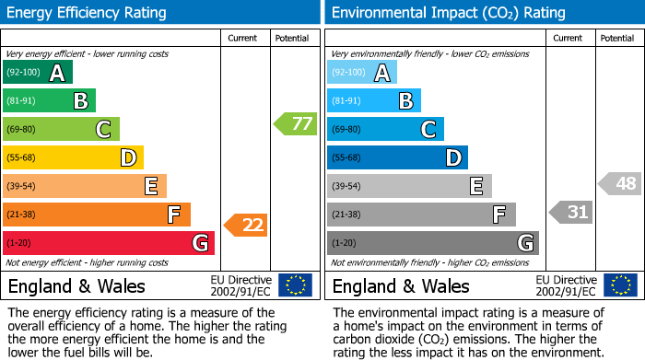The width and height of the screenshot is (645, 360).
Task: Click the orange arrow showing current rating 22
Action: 246,224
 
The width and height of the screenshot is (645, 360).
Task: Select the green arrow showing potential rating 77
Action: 295,123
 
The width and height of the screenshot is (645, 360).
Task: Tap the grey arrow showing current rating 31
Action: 570,213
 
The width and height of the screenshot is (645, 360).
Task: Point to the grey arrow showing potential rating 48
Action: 619,183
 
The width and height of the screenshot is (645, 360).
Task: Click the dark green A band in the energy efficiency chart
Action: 38,73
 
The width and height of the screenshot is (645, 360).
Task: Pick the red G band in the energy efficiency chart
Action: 109,243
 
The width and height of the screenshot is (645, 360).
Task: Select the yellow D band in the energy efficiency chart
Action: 74,157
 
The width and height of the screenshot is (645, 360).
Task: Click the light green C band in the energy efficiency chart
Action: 62,129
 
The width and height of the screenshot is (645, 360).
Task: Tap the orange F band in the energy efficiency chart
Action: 97,215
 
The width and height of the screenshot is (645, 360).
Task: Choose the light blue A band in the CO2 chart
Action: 362,73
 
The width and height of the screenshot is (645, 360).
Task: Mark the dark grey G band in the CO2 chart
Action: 433,243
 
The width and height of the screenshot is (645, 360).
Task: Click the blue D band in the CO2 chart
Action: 397,157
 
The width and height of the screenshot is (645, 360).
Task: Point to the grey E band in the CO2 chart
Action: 409,186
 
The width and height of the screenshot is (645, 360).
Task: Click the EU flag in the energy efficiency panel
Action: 295,285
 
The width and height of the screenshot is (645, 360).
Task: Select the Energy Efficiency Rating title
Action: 88,13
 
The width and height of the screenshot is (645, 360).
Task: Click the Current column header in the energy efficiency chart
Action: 244,38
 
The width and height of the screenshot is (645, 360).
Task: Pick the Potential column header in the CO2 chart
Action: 617,38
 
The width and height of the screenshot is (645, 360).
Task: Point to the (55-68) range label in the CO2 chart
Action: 347,157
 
